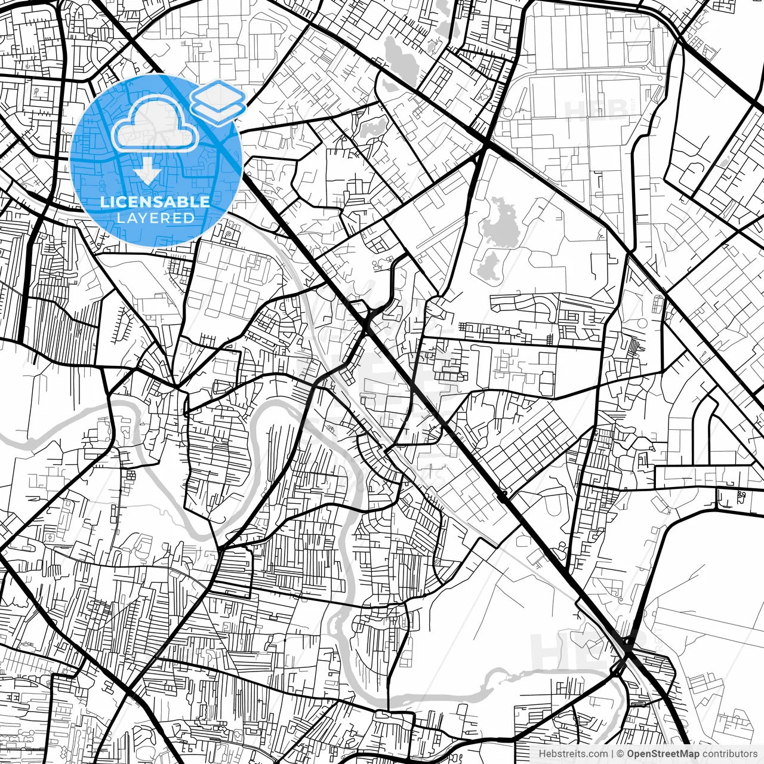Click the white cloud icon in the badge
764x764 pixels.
pyautogui.click(x=155, y=125)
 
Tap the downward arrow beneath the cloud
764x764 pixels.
pyautogui.click(x=147, y=173)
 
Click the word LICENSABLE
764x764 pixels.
pyautogui.click(x=155, y=202)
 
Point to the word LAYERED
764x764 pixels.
pyautogui.click(x=155, y=218)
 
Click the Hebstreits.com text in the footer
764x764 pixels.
pyautogui.click(x=573, y=754)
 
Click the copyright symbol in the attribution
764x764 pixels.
pyautogui.click(x=621, y=754)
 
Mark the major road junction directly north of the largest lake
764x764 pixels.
pyautogui.click(x=486, y=144)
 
